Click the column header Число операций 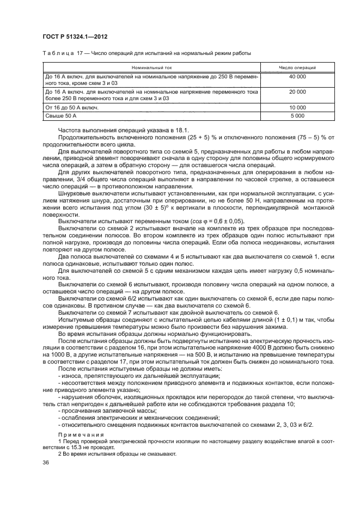pyautogui.click(x=297, y=67)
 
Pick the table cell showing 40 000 pyautogui.click(x=297, y=77)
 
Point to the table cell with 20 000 pyautogui.click(x=297, y=92)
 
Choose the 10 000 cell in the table pyautogui.click(x=297, y=107)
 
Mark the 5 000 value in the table pyautogui.click(x=297, y=115)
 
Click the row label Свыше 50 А pyautogui.click(x=62, y=115)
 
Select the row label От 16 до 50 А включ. pyautogui.click(x=72, y=107)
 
